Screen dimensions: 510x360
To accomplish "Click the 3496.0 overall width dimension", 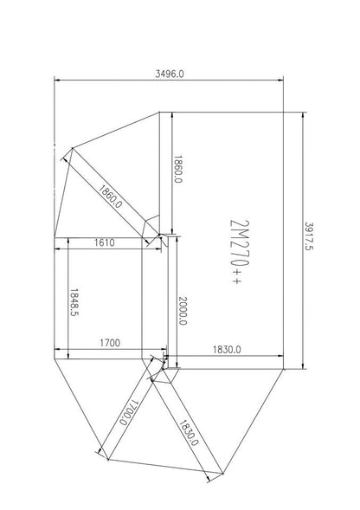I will click(169, 74).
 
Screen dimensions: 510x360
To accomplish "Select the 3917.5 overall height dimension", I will click(309, 237).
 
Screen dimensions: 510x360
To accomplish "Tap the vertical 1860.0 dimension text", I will click(178, 170).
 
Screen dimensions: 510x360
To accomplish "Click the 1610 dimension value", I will click(105, 242).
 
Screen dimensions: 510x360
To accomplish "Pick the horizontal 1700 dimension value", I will click(109, 344).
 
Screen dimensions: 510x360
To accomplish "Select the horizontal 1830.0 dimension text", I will click(227, 349).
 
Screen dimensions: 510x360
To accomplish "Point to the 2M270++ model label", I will click(240, 252).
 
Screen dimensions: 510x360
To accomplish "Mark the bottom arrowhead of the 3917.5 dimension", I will click(302, 365).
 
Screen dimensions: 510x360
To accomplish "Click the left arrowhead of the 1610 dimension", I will click(57, 250).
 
